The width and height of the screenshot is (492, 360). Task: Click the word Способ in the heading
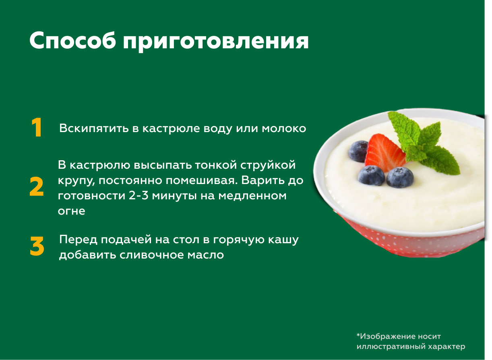point(73,41)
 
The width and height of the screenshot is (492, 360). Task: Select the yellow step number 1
point(37,128)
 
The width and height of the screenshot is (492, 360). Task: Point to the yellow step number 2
point(37,186)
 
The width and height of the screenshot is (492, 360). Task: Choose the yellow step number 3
point(37,246)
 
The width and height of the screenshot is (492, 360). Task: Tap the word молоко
point(284,129)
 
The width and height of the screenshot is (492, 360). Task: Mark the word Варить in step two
point(265,181)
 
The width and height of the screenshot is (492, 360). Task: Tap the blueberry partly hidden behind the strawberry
point(358,151)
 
